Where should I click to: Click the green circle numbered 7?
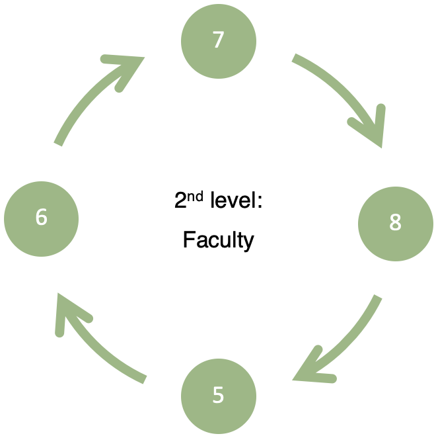(x=219, y=40)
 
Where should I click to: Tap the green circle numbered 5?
(x=219, y=396)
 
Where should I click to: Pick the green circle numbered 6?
(x=41, y=218)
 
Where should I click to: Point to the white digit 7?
(x=219, y=40)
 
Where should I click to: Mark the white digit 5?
(x=219, y=396)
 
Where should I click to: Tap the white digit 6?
(x=41, y=217)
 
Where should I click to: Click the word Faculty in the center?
(x=218, y=240)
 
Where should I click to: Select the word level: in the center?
(x=236, y=200)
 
